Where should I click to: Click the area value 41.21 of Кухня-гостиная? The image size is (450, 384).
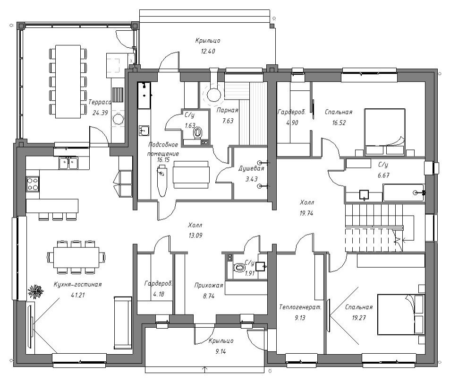78,295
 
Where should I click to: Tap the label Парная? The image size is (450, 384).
227,110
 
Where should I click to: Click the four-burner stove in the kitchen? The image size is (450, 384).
33,184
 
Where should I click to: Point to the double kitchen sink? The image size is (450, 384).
68,163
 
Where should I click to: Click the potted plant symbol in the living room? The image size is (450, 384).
35,292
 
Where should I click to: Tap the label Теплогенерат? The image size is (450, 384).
300,307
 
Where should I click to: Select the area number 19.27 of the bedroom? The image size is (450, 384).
359,318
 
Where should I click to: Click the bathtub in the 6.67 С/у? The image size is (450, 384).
403,192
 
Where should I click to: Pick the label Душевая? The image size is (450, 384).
251,168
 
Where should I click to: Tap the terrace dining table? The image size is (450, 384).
68,81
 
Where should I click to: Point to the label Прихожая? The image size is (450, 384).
209,286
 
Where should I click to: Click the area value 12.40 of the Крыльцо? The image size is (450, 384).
208,52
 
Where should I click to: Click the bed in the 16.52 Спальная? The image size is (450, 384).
385,132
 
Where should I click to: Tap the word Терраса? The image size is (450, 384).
100,102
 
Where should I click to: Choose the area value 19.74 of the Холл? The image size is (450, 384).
306,213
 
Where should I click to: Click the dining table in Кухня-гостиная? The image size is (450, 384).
76,256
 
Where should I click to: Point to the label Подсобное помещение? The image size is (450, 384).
163,149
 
